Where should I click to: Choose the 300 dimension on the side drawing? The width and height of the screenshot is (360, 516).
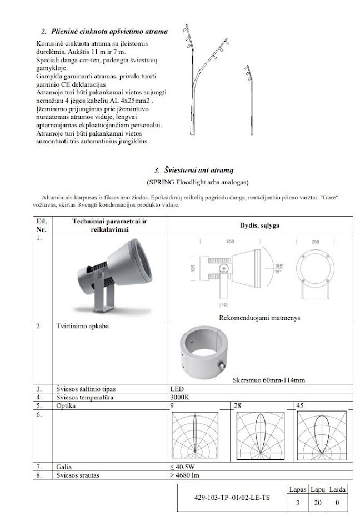point(229,242)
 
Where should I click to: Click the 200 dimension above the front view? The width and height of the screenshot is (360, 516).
point(315,242)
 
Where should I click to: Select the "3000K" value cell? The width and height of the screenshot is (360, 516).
point(179,397)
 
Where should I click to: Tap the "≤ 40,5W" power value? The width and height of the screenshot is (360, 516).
point(183,467)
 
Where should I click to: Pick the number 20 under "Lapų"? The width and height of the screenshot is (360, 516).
point(317,504)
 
